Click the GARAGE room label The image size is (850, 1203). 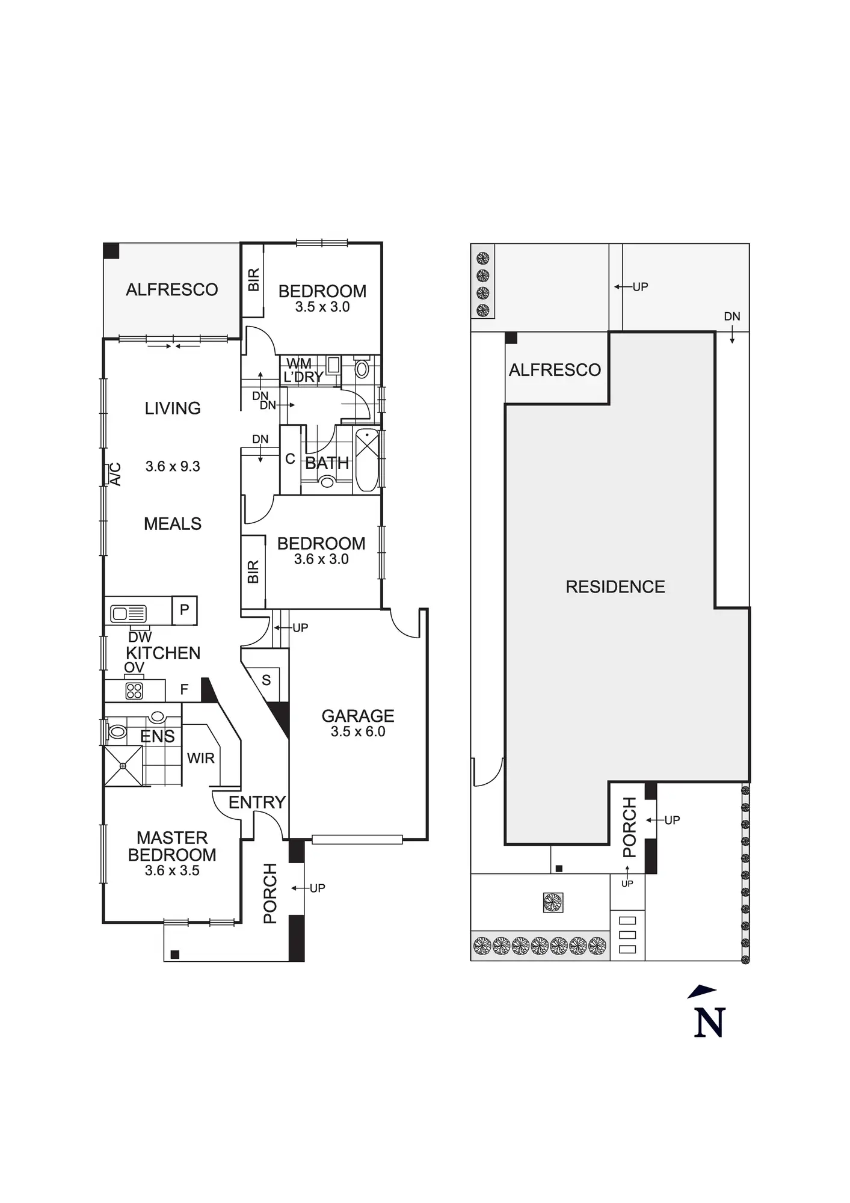click(x=358, y=716)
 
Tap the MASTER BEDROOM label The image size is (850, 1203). click(x=172, y=846)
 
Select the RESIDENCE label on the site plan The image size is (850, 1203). click(x=615, y=587)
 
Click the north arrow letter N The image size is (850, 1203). click(x=709, y=1023)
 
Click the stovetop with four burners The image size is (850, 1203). click(x=134, y=691)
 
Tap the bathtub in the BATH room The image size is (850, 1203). click(x=367, y=460)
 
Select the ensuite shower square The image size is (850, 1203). click(x=123, y=766)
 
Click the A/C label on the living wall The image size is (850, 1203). click(x=114, y=474)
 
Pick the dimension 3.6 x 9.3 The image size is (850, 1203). click(x=173, y=466)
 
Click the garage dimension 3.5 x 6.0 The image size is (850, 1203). click(x=358, y=731)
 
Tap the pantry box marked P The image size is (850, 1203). click(x=185, y=610)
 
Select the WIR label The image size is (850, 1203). click(x=201, y=758)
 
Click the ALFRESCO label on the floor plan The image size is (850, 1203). click(x=172, y=290)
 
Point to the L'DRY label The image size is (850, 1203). click(x=303, y=377)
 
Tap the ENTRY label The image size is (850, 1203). click(x=257, y=802)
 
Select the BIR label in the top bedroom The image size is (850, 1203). click(x=253, y=280)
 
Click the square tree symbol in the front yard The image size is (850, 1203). click(x=552, y=902)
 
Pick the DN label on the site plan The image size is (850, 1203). click(x=732, y=316)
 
